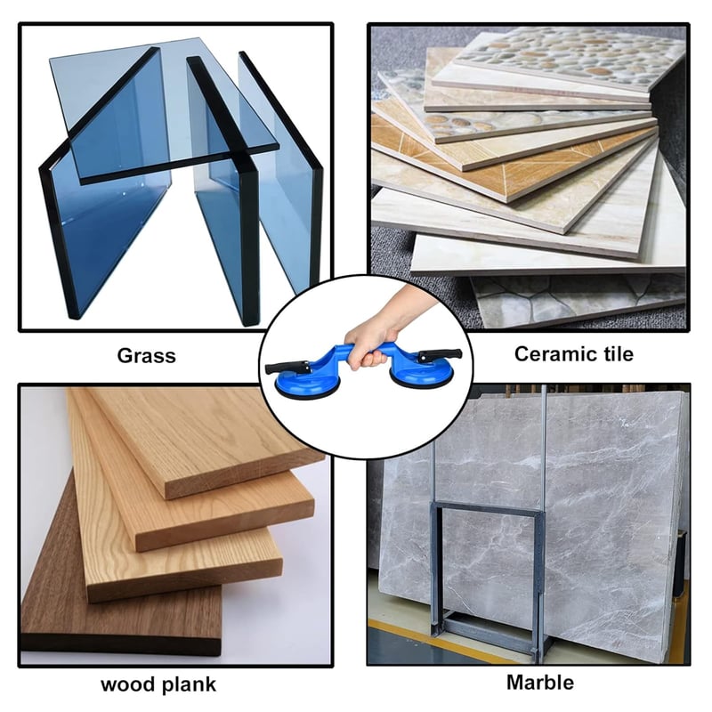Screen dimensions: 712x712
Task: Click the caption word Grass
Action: pos(146,355)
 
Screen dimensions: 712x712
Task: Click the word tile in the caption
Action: pos(612,353)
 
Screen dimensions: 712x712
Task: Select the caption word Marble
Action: pos(540,683)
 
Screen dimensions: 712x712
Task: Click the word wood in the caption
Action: pos(127,684)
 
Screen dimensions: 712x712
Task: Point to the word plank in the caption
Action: pos(190,684)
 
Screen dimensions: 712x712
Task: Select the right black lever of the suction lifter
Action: pos(440,354)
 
